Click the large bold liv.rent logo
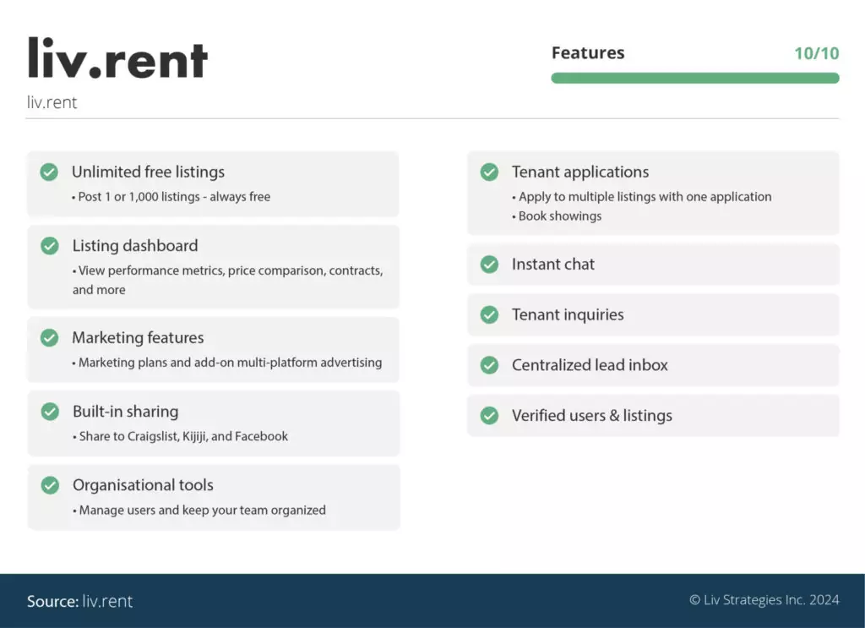(x=117, y=58)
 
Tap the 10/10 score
(x=816, y=53)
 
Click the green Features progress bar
(x=694, y=78)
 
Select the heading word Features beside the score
(x=588, y=52)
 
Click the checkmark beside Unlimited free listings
(x=49, y=172)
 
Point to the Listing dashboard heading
(x=135, y=246)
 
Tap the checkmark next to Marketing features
(x=49, y=338)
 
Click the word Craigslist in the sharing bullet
(x=152, y=436)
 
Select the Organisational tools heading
(x=143, y=485)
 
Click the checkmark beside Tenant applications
(x=489, y=172)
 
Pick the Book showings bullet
(x=559, y=216)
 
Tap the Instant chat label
(x=552, y=265)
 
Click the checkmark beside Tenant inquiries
(x=489, y=315)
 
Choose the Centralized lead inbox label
(x=590, y=365)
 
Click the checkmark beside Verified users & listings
(x=489, y=416)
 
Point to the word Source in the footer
(x=52, y=601)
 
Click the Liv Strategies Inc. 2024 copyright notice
(x=764, y=600)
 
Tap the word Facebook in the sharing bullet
(x=261, y=436)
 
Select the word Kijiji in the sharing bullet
(x=199, y=436)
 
